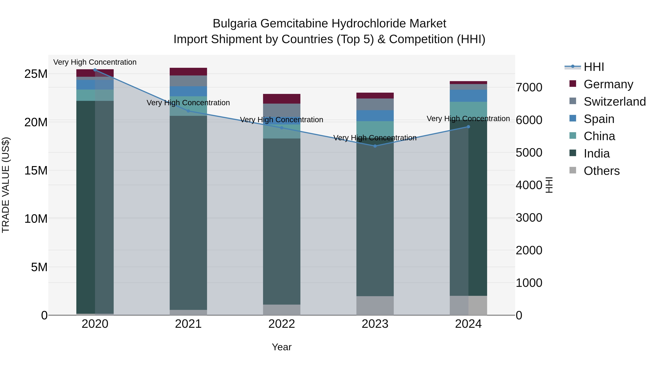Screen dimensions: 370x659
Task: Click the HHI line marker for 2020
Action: pos(95,70)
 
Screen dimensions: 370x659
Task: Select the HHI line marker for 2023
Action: pos(375,146)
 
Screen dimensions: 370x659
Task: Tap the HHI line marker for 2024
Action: pos(468,127)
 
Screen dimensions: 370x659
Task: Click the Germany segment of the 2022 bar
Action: pos(282,99)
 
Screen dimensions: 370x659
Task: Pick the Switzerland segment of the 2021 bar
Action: pos(188,81)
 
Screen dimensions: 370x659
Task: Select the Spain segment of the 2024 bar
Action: pos(468,96)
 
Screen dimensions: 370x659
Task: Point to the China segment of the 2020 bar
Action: pos(95,95)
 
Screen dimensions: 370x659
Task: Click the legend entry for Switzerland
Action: pos(615,102)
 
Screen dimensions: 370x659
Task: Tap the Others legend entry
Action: pos(602,171)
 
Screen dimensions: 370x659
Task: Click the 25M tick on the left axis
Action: pos(36,74)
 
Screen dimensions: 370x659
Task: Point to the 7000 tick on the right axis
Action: pos(529,87)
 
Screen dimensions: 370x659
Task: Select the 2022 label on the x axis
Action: pos(282,324)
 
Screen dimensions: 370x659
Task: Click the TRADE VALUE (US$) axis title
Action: pos(6,185)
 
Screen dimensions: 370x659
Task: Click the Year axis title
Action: pos(282,347)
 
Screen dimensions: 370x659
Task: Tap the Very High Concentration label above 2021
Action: pos(188,103)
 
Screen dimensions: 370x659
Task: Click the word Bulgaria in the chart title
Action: pos(235,24)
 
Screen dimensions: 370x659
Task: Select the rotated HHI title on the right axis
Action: pos(549,185)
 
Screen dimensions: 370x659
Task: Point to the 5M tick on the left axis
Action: pos(39,267)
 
